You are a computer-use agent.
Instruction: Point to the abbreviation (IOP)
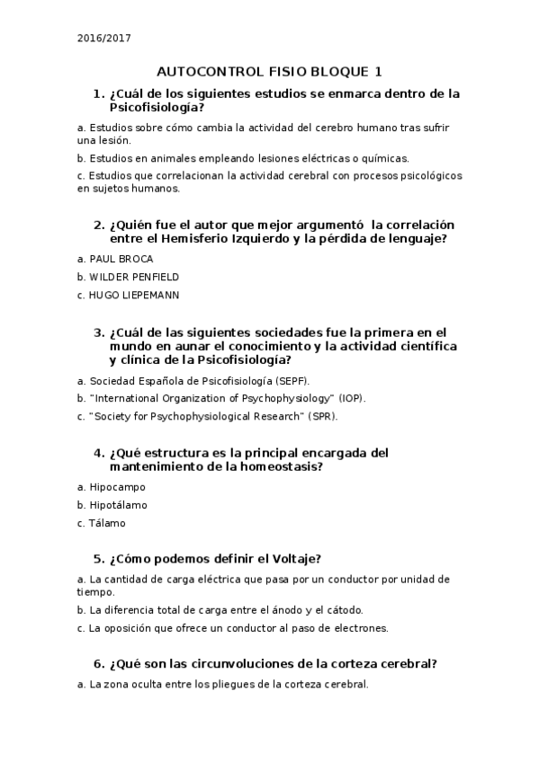pyautogui.click(x=353, y=398)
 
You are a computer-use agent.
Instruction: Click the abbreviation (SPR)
pyautogui.click(x=323, y=416)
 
